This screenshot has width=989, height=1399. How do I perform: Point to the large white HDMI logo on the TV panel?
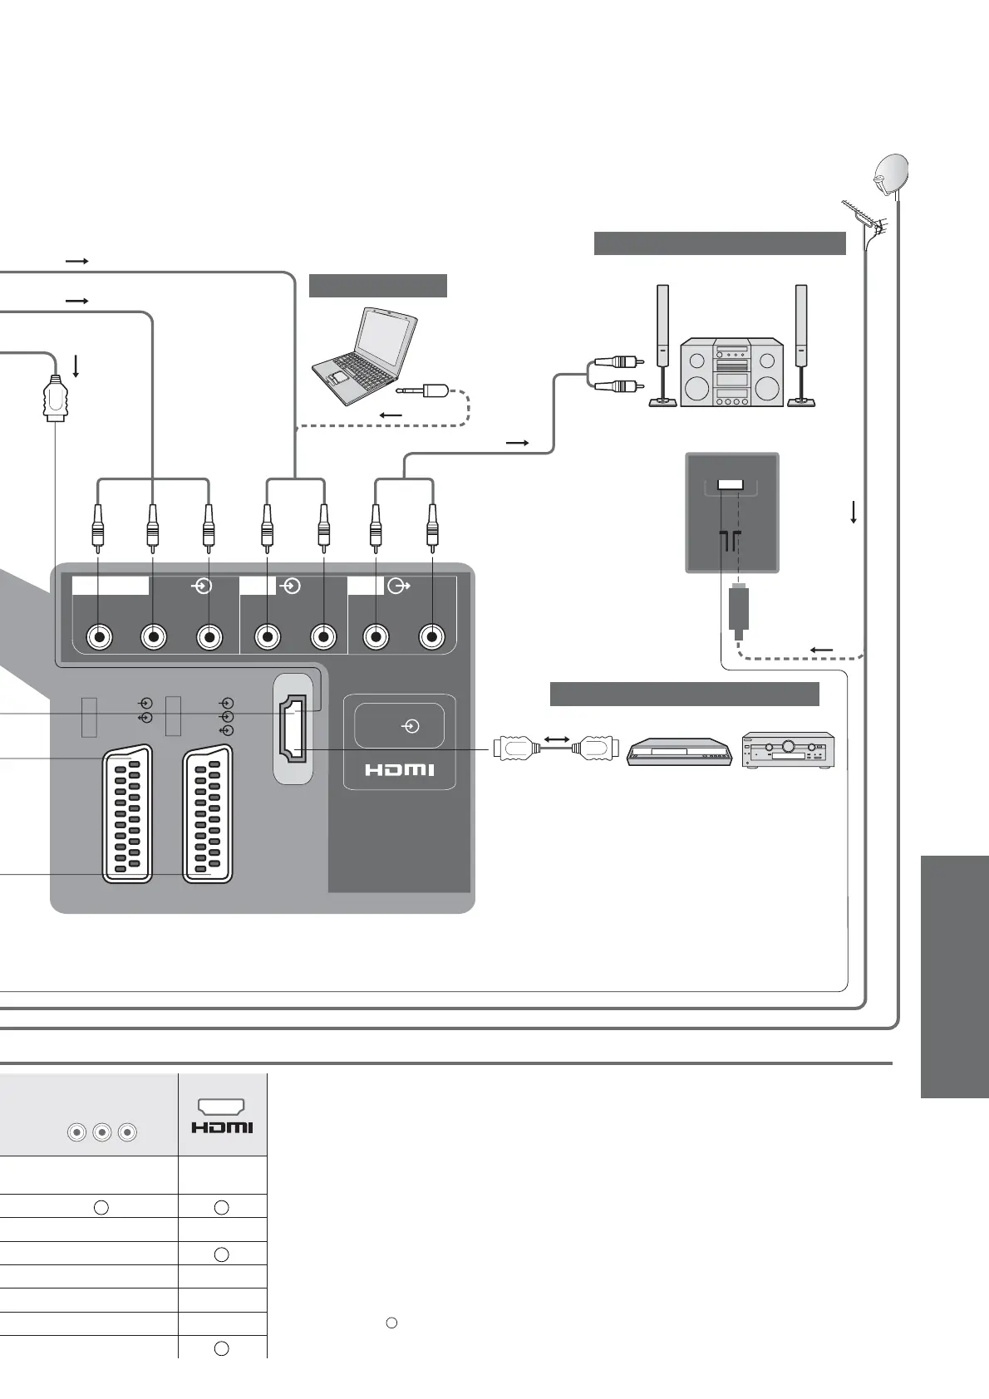[x=399, y=770]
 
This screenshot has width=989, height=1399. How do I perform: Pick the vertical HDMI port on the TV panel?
[x=293, y=729]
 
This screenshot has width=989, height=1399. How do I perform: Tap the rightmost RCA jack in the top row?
[x=431, y=637]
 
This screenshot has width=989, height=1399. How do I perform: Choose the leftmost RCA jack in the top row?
[x=100, y=637]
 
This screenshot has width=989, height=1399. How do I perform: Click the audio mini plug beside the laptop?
[x=425, y=390]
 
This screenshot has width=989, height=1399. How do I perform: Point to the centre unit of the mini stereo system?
[x=731, y=371]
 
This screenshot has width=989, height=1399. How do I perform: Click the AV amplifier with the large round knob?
[x=788, y=750]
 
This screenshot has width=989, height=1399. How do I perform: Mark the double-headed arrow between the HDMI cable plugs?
[x=556, y=739]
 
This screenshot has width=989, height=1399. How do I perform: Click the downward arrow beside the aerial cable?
[x=854, y=511]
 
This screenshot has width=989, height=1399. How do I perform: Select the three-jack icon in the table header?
[x=101, y=1131]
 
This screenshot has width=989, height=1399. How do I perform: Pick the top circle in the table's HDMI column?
[x=221, y=1208]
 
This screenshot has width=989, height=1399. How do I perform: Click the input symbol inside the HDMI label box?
[x=411, y=727]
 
